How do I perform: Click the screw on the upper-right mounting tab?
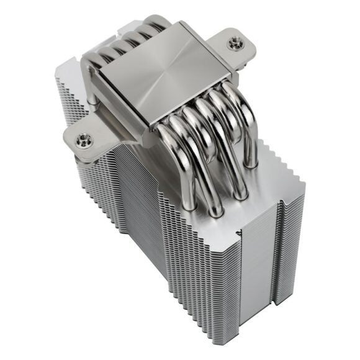tap(234, 44)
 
